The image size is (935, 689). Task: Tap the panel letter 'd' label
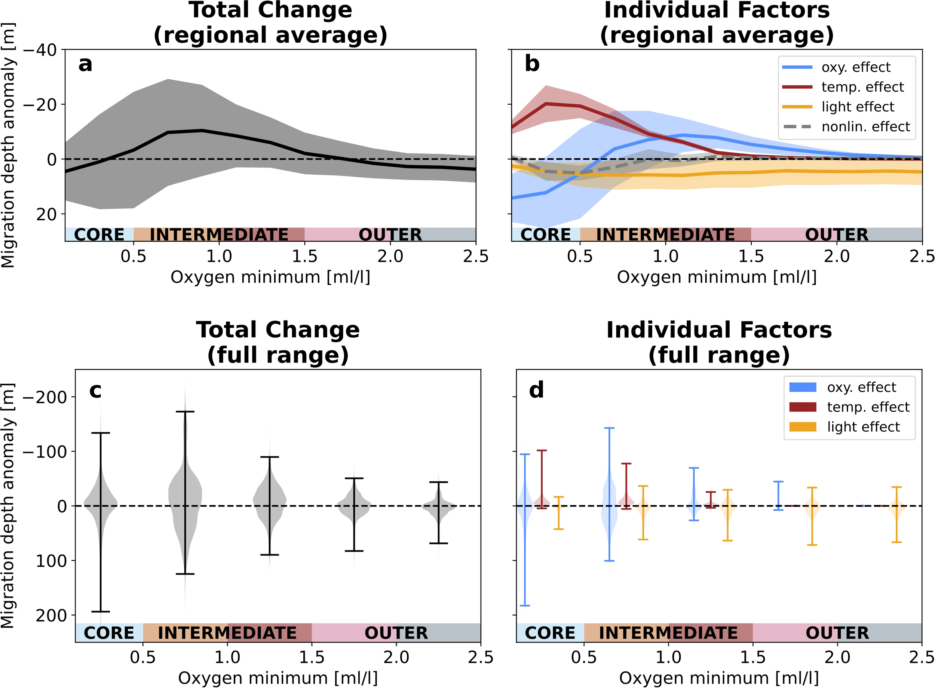pyautogui.click(x=536, y=391)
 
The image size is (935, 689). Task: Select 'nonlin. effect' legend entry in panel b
pyautogui.click(x=865, y=127)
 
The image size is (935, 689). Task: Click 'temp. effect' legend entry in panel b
pyautogui.click(x=862, y=87)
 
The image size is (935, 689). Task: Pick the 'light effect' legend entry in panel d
pyautogui.click(x=863, y=427)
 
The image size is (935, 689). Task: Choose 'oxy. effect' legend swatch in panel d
pyautogui.click(x=802, y=388)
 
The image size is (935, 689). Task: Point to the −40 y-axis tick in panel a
pyautogui.click(x=40, y=50)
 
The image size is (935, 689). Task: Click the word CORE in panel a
pyautogui.click(x=99, y=235)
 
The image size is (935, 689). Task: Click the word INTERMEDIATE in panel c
pyautogui.click(x=227, y=633)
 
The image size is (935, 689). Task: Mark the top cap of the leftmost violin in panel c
pyautogui.click(x=101, y=433)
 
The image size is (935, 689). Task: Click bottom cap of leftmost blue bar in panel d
pyautogui.click(x=525, y=605)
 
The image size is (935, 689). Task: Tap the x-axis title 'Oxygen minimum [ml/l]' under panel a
pyautogui.click(x=270, y=277)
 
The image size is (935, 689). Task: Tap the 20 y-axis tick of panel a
pyautogui.click(x=46, y=214)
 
